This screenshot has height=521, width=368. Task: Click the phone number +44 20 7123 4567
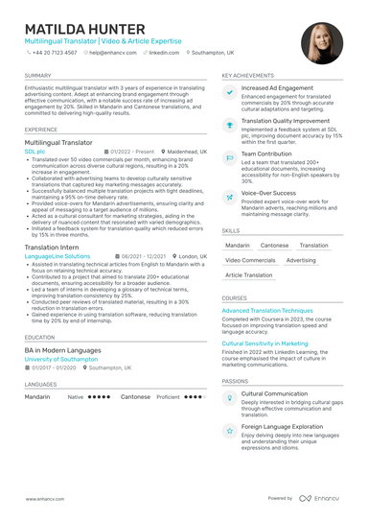[x=57, y=53]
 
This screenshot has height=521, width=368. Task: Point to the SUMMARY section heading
[x=38, y=75]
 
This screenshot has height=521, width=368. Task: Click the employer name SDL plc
[x=34, y=152]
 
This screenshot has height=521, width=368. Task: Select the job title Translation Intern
[x=55, y=248]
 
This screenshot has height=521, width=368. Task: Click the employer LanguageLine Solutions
[x=57, y=257]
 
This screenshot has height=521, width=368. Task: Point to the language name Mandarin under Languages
[x=37, y=396]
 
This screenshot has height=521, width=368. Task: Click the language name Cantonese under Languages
[x=136, y=396]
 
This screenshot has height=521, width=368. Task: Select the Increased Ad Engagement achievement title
[x=277, y=88]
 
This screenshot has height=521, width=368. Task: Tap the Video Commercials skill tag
[x=250, y=260]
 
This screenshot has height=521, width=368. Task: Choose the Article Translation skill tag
[x=248, y=275]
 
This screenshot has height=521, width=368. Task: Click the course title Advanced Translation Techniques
[x=267, y=311]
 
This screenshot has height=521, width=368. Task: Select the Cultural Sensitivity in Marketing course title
[x=264, y=343]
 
